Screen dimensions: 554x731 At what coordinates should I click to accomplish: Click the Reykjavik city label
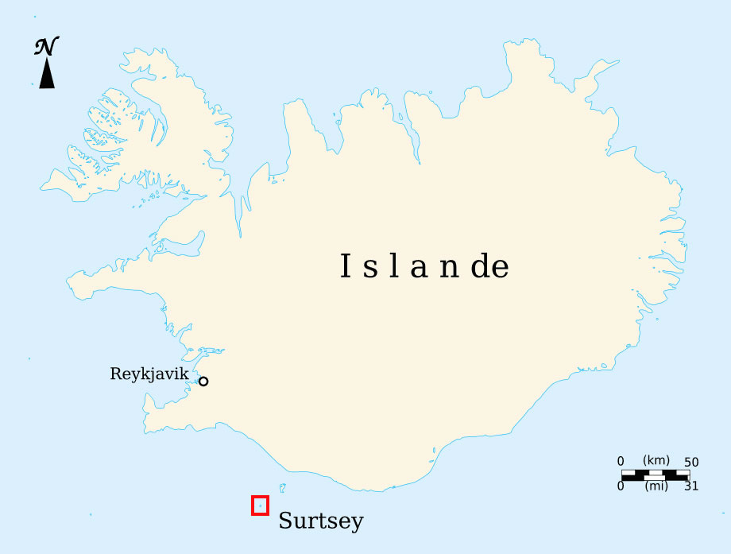click(149, 374)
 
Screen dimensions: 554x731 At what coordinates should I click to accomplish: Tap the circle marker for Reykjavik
click(203, 382)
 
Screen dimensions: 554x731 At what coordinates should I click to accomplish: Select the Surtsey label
click(321, 521)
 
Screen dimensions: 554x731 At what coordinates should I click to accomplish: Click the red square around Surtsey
click(260, 505)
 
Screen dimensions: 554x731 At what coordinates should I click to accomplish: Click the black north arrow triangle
click(47, 75)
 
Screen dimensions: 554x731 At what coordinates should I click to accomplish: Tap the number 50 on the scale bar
click(690, 462)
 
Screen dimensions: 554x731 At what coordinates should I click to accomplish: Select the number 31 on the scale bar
click(690, 486)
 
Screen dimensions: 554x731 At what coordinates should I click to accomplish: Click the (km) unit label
click(656, 461)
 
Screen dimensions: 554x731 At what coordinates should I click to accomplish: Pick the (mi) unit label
click(656, 486)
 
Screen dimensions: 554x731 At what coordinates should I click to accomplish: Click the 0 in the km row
click(621, 462)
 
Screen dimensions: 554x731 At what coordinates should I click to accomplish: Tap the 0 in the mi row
click(621, 486)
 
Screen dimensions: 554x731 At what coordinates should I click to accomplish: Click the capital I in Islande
click(346, 266)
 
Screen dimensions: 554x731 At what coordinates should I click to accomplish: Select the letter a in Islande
click(419, 268)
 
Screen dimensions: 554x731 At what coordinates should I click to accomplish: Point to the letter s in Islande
click(371, 269)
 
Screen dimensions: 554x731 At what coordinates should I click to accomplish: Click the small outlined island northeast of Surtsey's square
click(282, 487)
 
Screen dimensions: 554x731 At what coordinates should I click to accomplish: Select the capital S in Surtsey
click(285, 521)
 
